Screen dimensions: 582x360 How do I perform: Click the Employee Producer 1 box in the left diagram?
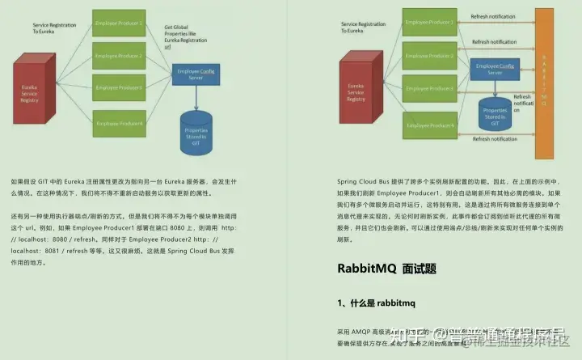point(119,23)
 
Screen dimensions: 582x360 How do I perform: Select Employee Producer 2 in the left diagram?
point(119,56)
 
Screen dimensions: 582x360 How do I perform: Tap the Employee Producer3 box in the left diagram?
point(119,87)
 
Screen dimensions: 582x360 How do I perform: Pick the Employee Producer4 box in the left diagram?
point(119,123)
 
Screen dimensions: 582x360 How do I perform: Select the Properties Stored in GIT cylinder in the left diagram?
point(197,128)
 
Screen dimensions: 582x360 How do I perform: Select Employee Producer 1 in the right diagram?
point(429,22)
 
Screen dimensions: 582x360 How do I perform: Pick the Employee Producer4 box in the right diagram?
point(429,125)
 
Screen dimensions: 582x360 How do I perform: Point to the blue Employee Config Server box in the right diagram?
point(496,69)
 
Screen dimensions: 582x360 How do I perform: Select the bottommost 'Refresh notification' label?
point(494,139)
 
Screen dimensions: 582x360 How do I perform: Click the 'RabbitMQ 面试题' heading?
point(389,267)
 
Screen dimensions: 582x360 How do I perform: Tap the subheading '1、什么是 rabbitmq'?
point(376,303)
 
